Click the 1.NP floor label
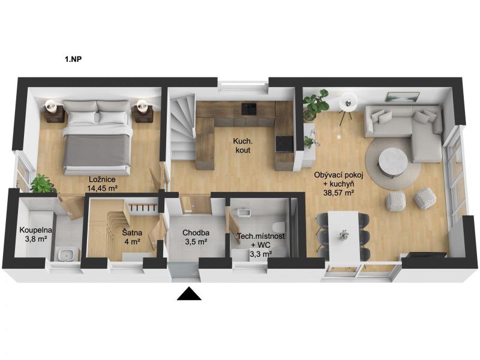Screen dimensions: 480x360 (x=73, y=59)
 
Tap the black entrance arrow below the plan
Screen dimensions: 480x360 (x=189, y=293)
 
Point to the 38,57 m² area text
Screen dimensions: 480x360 (x=338, y=193)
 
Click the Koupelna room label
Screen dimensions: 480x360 (x=36, y=230)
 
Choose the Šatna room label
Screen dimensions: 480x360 (x=132, y=233)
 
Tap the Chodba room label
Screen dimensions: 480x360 (x=196, y=233)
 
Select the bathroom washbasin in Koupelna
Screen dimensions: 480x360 (x=65, y=254)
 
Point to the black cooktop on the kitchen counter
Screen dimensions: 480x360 (x=284, y=144)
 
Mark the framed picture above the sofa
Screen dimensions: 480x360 (x=403, y=97)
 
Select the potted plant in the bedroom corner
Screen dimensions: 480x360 (x=42, y=184)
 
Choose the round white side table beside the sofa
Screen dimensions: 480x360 (x=349, y=103)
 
